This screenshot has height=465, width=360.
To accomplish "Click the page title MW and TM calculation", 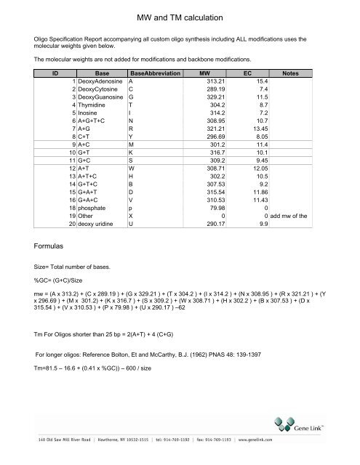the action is click(179, 15).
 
